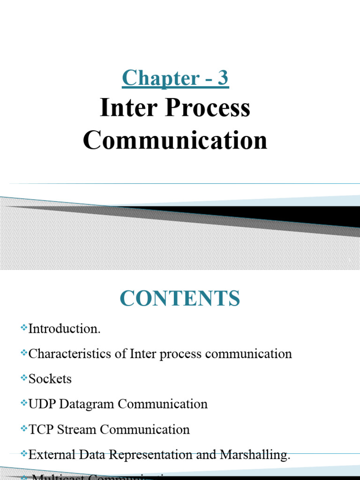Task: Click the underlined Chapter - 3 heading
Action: [175, 78]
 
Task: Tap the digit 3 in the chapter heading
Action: [223, 78]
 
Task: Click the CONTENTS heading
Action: [180, 299]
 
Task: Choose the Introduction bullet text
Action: [64, 329]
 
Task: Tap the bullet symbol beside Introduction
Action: [24, 328]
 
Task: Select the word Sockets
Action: [50, 379]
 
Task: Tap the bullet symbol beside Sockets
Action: [24, 377]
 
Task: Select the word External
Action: [48, 455]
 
